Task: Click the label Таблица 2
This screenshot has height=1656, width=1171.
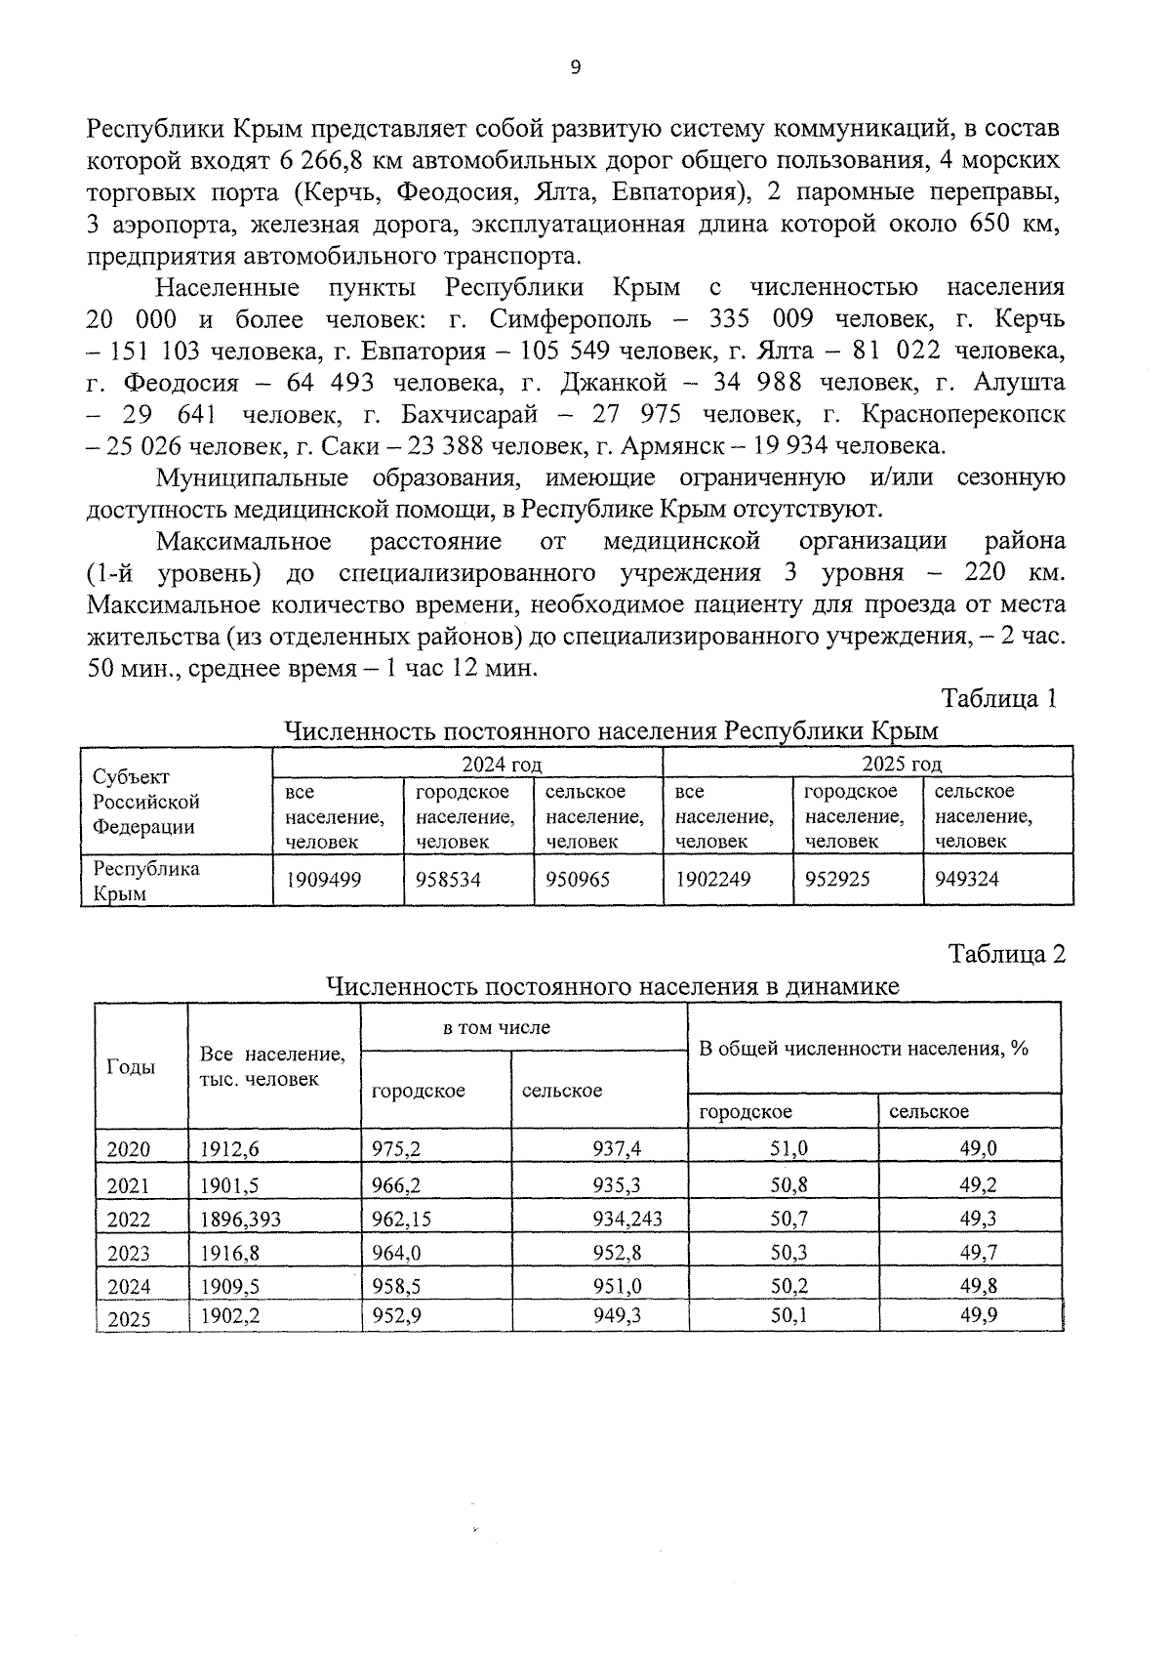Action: pos(1006,953)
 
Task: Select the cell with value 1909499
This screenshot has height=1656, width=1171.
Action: pos(323,880)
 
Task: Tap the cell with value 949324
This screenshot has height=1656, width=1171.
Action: pos(966,880)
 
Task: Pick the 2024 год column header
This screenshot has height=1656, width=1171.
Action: pos(502,764)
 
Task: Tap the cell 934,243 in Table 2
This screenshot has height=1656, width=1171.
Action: pos(626,1219)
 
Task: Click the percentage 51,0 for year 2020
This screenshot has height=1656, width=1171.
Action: pos(788,1149)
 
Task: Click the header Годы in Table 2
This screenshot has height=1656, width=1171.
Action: pos(131,1067)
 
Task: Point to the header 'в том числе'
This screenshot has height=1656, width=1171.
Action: pos(497,1027)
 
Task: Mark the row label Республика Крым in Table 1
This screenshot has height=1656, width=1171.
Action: pos(145,881)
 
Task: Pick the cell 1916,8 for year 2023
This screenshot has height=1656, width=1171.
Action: pos(229,1253)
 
